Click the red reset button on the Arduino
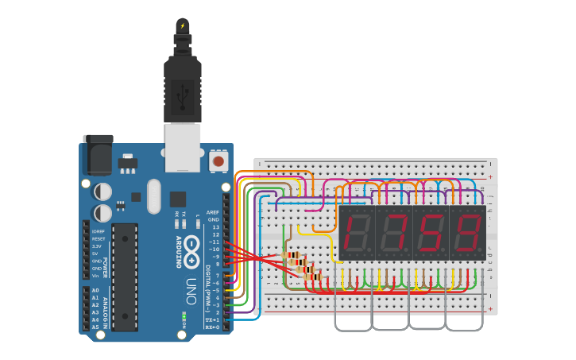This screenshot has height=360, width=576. coord(217,161)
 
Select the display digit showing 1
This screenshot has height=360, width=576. coord(357,234)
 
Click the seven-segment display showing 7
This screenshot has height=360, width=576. coord(393,234)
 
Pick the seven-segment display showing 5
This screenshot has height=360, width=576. coord(431,234)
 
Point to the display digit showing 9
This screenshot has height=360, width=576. coord(467,234)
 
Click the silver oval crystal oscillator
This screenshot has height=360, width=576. coord(153,195)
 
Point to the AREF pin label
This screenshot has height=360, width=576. coord(212,212)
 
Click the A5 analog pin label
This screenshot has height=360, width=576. coord(95,327)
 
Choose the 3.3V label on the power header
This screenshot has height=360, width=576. coord(97,246)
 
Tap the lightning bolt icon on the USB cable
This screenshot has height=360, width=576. coord(183,25)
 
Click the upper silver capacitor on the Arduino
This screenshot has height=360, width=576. coord(102,192)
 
